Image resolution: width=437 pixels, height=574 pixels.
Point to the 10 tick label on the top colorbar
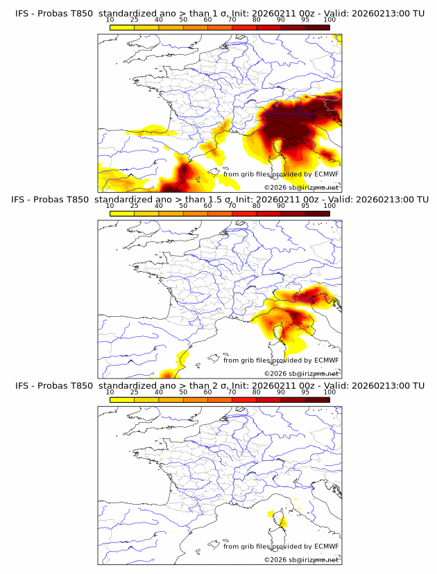pyautogui.click(x=110, y=20)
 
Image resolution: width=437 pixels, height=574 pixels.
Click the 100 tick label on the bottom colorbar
pyautogui.click(x=329, y=392)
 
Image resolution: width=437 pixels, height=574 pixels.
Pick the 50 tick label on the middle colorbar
pyautogui.click(x=183, y=206)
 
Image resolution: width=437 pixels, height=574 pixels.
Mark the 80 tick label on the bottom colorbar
pyautogui.click(x=257, y=392)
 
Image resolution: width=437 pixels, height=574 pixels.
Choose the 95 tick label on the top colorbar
pyautogui.click(x=305, y=20)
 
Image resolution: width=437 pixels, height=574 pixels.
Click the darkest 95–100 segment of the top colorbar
pyautogui.click(x=318, y=28)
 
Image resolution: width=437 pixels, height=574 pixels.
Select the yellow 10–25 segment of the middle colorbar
pyautogui.click(x=122, y=214)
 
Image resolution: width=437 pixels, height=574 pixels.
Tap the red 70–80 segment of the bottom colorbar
pyautogui.click(x=244, y=399)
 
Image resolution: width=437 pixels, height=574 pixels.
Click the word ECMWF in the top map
pyautogui.click(x=326, y=175)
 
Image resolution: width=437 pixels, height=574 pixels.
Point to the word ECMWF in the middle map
pyautogui.click(x=326, y=360)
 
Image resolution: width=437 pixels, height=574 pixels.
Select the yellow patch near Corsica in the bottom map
pyautogui.click(x=271, y=515)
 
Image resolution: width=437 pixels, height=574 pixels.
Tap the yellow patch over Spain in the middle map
pyautogui.click(x=183, y=358)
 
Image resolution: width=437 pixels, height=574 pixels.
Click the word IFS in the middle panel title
pyautogui.click(x=22, y=200)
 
